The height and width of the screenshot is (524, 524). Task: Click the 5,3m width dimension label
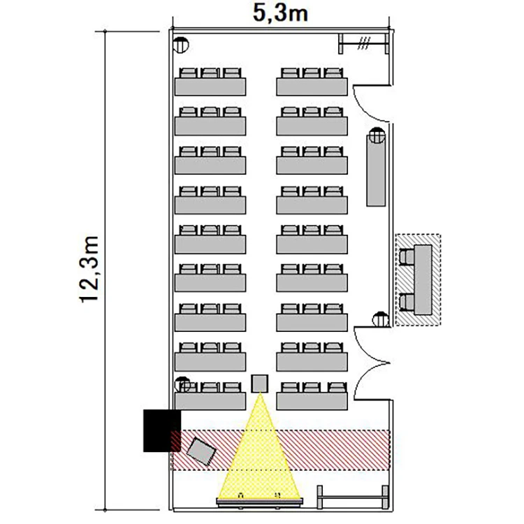(x=280, y=13)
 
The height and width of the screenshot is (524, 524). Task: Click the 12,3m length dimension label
(x=89, y=269)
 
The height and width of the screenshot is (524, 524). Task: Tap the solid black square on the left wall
(x=162, y=431)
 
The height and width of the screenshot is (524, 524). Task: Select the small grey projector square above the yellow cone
(x=260, y=384)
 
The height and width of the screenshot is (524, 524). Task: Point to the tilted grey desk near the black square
(x=201, y=451)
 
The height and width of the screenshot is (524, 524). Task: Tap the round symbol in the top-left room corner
(x=181, y=45)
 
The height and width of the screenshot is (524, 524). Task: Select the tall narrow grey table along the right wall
(x=376, y=170)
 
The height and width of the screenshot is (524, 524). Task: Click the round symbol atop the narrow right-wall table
(x=377, y=135)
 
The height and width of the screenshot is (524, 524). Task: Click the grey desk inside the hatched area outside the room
(x=423, y=279)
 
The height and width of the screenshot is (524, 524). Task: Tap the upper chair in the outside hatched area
(x=407, y=257)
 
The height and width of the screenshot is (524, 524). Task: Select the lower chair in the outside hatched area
(x=407, y=302)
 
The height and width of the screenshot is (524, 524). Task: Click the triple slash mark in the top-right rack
(x=364, y=43)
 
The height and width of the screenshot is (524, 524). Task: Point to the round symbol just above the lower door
(x=381, y=319)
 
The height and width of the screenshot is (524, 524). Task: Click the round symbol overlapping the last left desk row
(x=182, y=385)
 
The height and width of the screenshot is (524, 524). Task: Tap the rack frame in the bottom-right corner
(x=353, y=497)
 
